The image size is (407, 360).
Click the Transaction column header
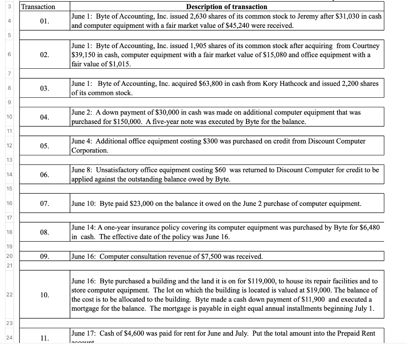38,7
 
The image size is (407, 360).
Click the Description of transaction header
227,7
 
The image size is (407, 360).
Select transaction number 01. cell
45,21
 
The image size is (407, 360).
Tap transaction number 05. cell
45,146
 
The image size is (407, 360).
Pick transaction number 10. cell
45,295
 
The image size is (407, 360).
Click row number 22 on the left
8,295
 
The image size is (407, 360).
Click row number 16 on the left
8,203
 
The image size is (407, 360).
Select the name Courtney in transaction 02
365,46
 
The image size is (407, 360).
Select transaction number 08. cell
45,232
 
